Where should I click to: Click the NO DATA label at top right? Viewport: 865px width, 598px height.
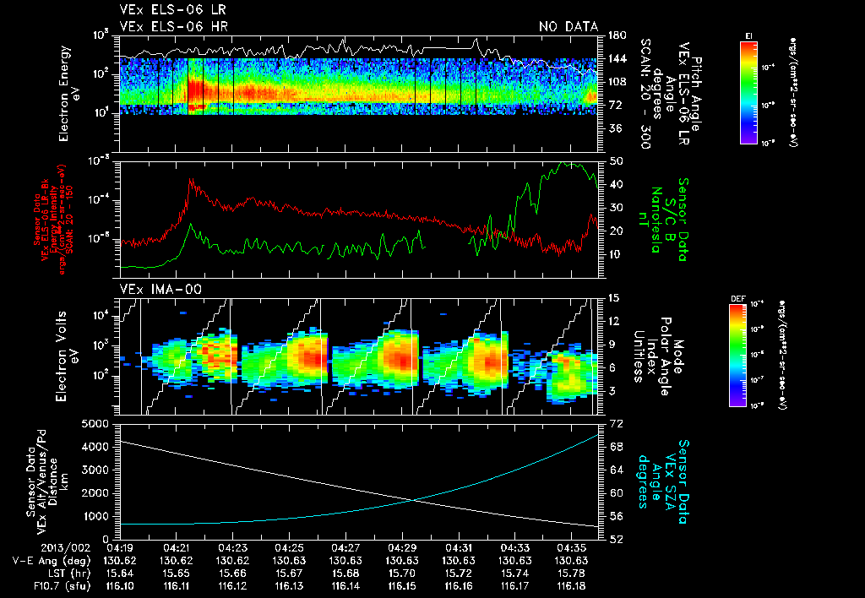pyautogui.click(x=568, y=26)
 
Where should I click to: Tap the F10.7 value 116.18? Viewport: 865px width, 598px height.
pyautogui.click(x=570, y=585)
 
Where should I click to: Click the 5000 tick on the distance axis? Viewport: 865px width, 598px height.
pyautogui.click(x=95, y=423)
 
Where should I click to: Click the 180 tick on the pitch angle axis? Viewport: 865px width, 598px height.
pyautogui.click(x=617, y=35)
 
